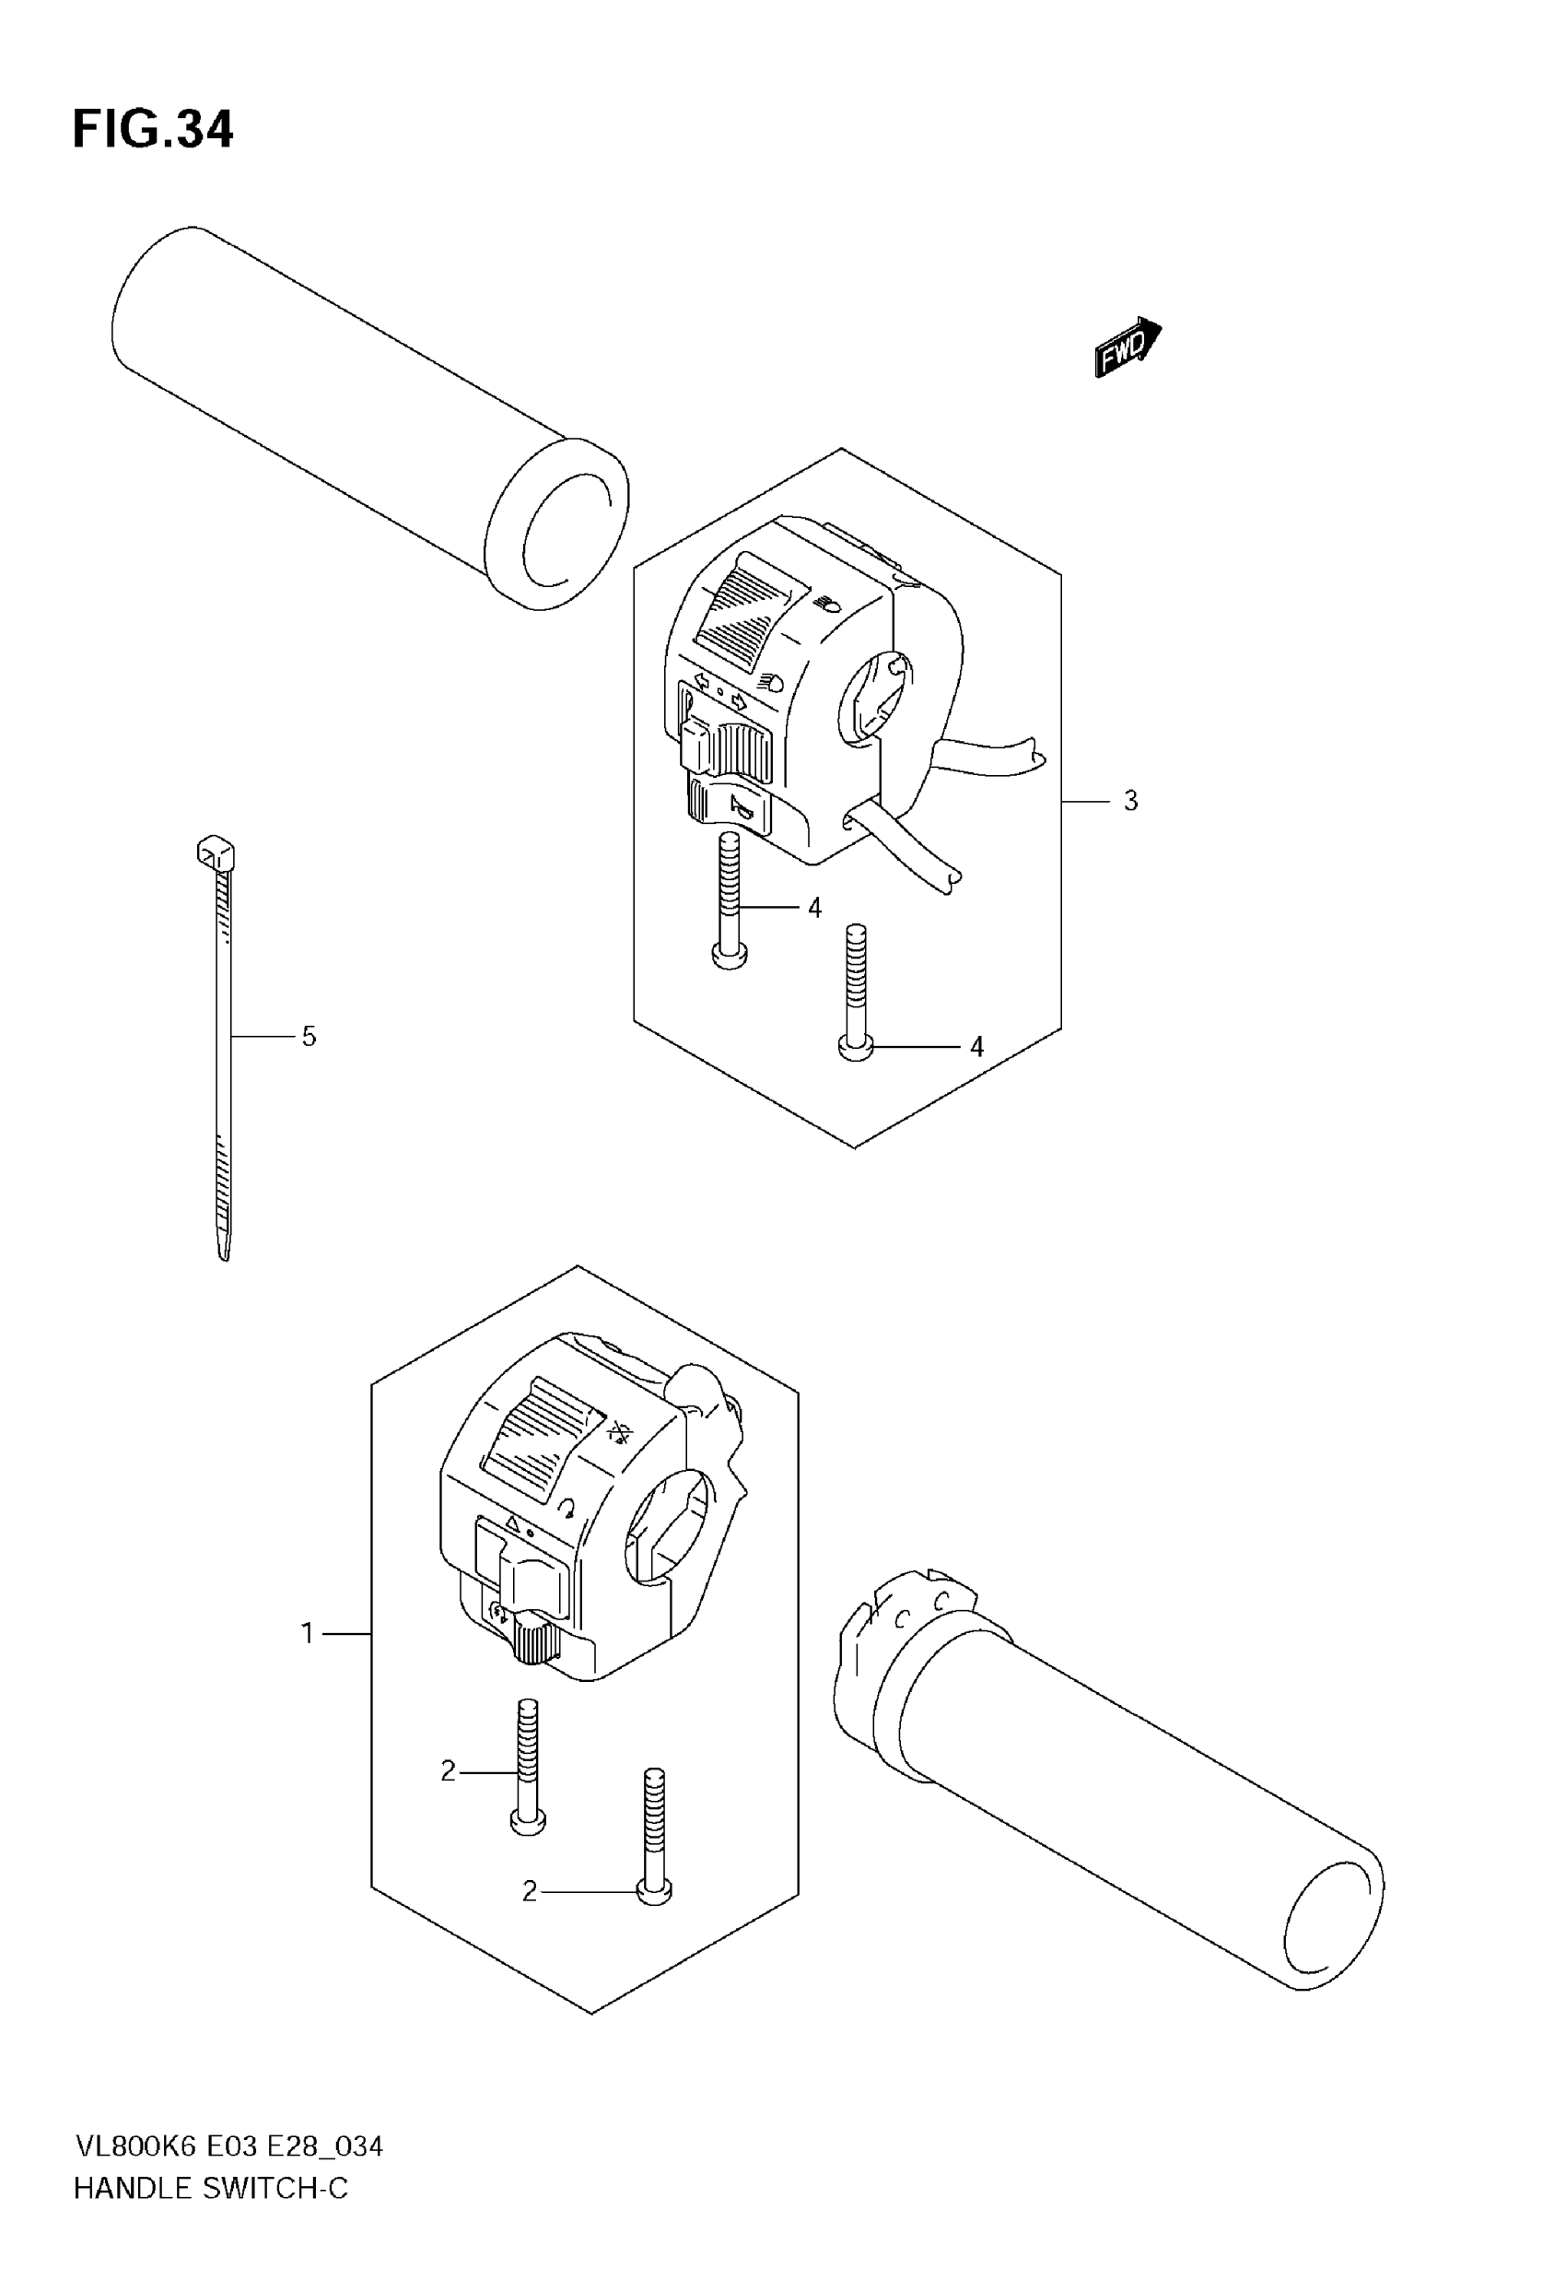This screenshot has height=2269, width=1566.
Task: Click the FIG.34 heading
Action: coord(153,130)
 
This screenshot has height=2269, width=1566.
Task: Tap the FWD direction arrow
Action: coord(1127,347)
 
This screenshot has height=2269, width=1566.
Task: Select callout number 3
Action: coord(1130,802)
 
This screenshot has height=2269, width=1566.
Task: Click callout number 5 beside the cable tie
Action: coord(310,1037)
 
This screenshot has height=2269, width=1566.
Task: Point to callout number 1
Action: coord(307,1633)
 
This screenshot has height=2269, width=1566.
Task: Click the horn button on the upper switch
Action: coord(734,806)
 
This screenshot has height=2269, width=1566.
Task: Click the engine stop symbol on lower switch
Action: coord(618,1434)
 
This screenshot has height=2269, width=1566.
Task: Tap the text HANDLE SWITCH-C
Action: coord(211,2189)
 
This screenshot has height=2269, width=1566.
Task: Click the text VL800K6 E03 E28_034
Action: coord(228,2147)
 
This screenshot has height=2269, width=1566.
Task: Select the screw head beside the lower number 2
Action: coord(654,1890)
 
